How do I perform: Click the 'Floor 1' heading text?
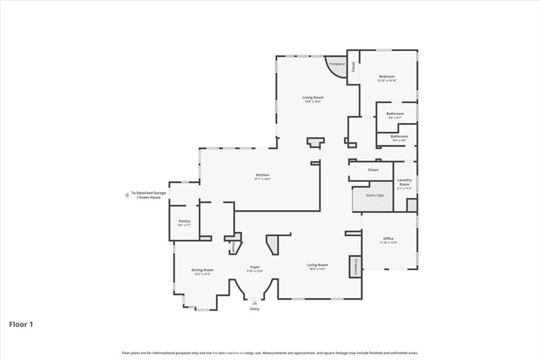(x=21, y=325)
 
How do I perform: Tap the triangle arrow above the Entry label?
(x=255, y=303)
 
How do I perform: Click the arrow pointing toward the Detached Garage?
(x=126, y=195)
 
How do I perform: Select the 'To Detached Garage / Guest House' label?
(x=148, y=195)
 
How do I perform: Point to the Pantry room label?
(x=184, y=221)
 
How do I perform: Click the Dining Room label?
(x=202, y=270)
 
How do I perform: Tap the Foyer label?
(x=255, y=267)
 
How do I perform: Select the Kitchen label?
(x=262, y=175)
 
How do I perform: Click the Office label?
(x=388, y=239)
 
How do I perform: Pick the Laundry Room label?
(x=404, y=182)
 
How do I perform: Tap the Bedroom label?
(x=387, y=76)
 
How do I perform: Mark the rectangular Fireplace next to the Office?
(x=355, y=267)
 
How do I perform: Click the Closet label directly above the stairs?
(x=373, y=170)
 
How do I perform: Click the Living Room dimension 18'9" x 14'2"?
(x=317, y=269)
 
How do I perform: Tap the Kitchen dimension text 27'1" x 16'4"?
(x=262, y=179)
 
